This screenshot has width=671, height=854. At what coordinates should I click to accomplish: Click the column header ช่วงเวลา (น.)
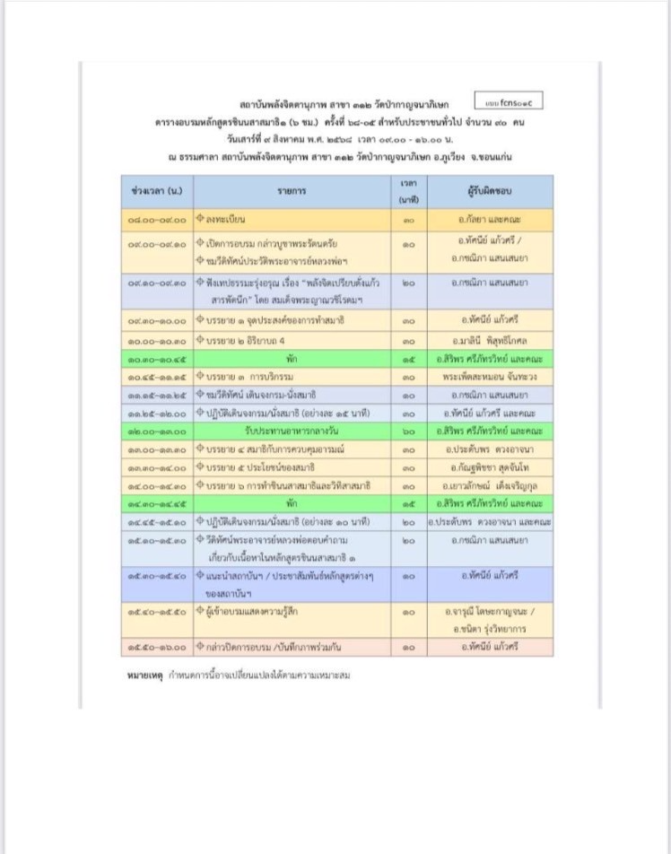pyautogui.click(x=157, y=191)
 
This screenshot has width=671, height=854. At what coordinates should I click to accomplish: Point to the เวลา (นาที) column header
pyautogui.click(x=408, y=191)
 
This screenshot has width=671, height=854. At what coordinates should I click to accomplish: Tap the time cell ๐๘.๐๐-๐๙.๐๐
pyautogui.click(x=157, y=220)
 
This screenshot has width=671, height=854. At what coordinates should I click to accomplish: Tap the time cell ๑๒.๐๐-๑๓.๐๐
pyautogui.click(x=157, y=431)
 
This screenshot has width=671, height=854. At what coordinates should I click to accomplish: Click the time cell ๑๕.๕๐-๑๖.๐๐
pyautogui.click(x=157, y=646)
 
